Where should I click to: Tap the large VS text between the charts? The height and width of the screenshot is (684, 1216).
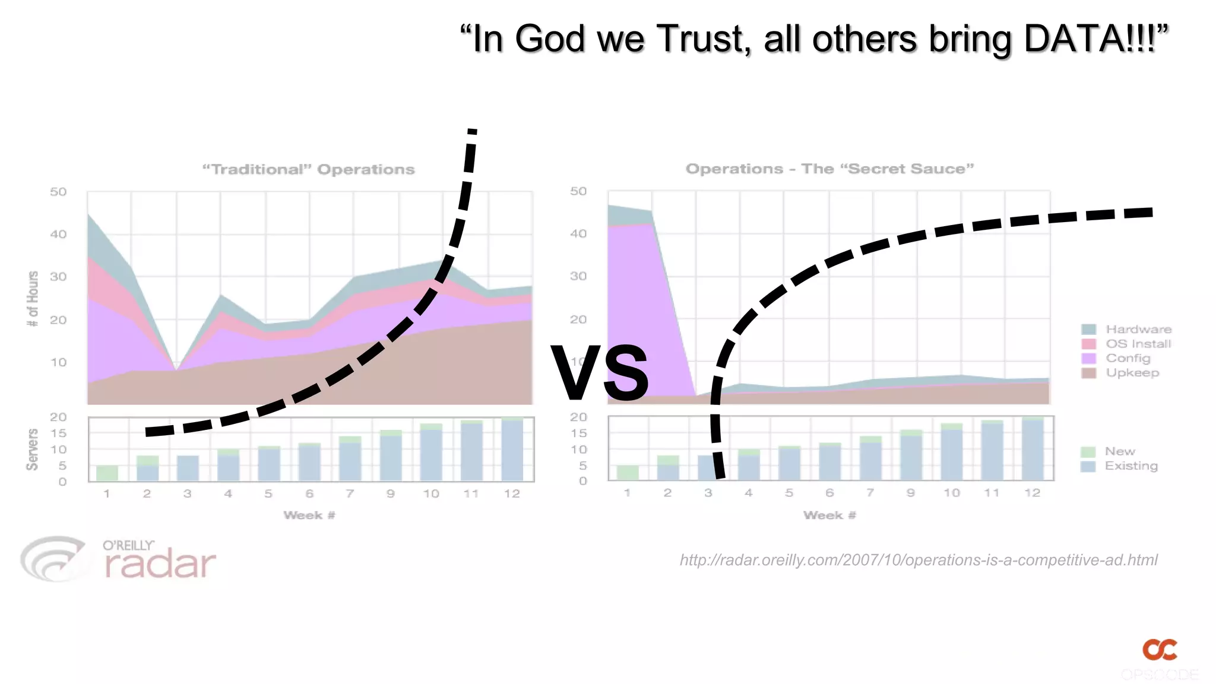[600, 373]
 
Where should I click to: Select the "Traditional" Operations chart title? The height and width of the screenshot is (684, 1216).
[308, 170]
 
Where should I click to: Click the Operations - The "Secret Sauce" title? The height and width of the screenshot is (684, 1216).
[829, 169]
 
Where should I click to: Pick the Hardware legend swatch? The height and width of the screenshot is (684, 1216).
[1088, 330]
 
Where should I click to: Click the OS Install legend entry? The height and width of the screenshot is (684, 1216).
[1138, 344]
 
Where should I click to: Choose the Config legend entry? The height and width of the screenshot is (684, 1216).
[1128, 358]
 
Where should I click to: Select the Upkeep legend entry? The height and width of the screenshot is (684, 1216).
[1132, 373]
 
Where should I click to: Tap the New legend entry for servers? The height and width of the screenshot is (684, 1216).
[1119, 451]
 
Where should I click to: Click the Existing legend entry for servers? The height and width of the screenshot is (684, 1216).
[1131, 465]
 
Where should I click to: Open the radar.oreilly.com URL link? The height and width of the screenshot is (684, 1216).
[919, 560]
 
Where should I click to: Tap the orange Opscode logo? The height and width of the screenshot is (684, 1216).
[1160, 650]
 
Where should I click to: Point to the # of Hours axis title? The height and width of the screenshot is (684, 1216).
[33, 299]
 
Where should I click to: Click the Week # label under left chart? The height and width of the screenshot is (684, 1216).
[309, 515]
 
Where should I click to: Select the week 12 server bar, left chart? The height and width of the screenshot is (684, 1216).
[512, 449]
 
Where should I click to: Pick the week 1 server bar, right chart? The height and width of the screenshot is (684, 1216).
[627, 473]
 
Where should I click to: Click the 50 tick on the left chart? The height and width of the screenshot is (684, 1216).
[58, 192]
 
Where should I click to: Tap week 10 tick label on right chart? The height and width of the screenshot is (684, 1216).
[951, 493]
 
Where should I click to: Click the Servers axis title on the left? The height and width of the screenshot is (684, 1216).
[32, 449]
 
